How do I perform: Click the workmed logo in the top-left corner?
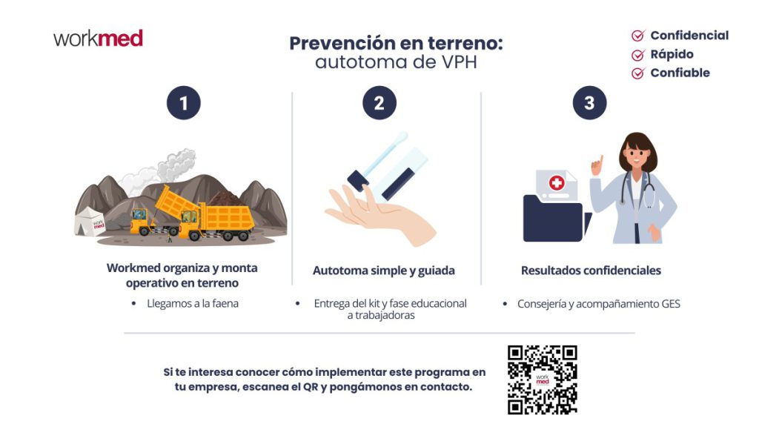pyautogui.click(x=98, y=39)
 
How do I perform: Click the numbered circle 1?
pyautogui.click(x=183, y=103)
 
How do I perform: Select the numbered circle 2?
pyautogui.click(x=379, y=103)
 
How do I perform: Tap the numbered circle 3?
pyautogui.click(x=589, y=103)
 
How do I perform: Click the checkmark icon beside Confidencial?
pyautogui.click(x=637, y=36)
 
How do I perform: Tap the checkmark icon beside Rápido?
pyautogui.click(x=637, y=55)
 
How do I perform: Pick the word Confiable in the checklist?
pyautogui.click(x=680, y=73)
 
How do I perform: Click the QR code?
pyautogui.click(x=542, y=380)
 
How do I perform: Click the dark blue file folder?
pyautogui.click(x=552, y=219)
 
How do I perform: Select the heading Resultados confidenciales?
pyautogui.click(x=590, y=271)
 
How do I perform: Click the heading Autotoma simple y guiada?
pyautogui.click(x=383, y=271)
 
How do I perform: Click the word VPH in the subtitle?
pyautogui.click(x=457, y=62)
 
